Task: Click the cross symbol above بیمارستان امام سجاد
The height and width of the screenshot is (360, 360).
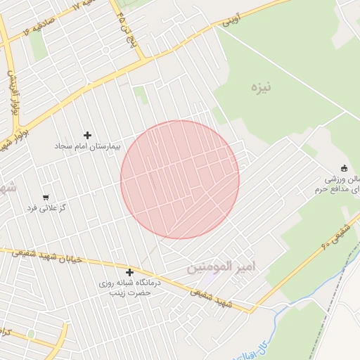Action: point(87,135)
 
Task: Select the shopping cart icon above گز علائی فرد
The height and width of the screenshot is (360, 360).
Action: point(46,198)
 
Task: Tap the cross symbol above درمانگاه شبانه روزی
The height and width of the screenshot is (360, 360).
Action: point(129,272)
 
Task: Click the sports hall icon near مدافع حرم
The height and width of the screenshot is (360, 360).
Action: point(344,167)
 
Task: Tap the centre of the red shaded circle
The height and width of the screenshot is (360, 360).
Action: point(180,180)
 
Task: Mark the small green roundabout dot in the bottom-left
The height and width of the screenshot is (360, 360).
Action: point(31,333)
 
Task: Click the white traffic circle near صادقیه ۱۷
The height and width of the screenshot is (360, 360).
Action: point(105,51)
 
